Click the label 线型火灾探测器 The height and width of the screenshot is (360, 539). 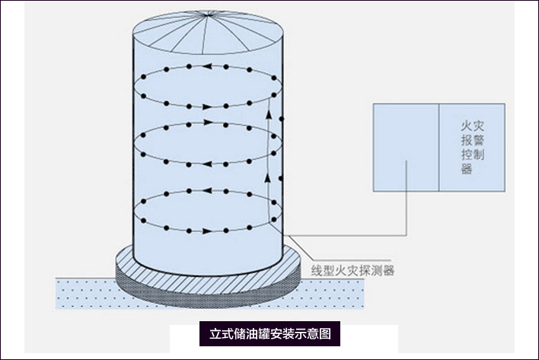pos(352,270)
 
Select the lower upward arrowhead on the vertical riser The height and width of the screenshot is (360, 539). pos(268,177)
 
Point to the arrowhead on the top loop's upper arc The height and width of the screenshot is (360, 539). pos(206,66)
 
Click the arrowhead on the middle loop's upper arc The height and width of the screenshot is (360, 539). pos(207,122)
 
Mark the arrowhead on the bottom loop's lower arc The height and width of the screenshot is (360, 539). pos(207,229)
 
